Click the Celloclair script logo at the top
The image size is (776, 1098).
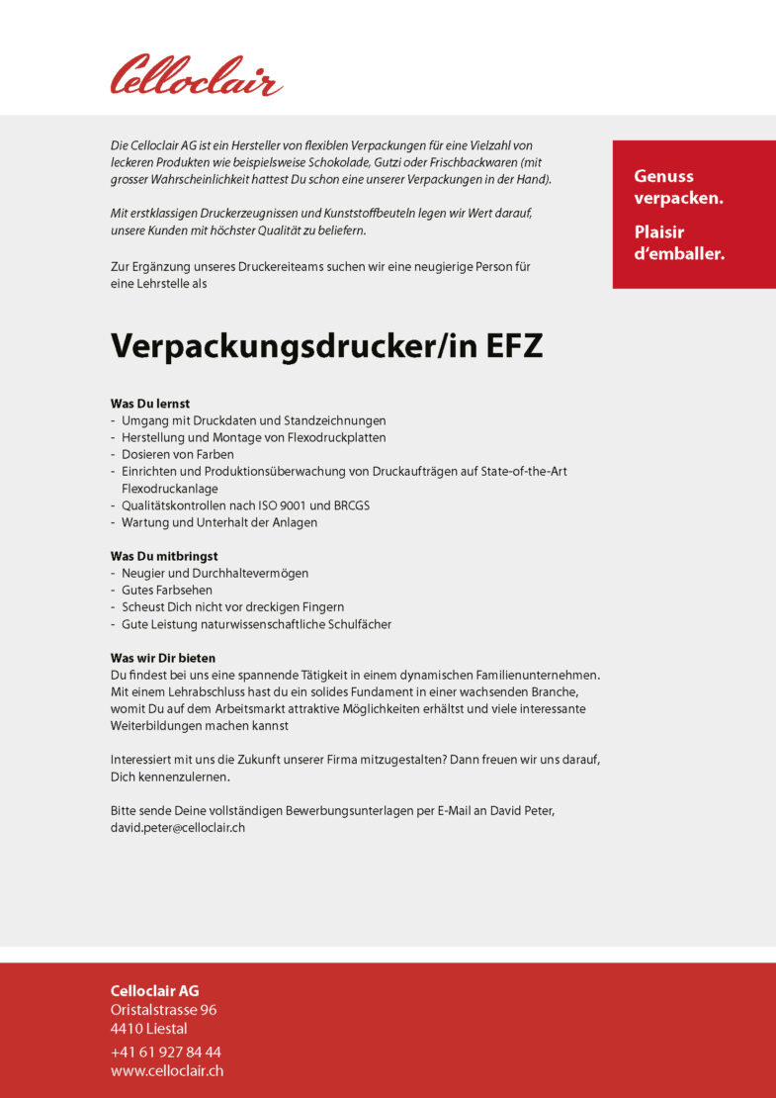coord(196,76)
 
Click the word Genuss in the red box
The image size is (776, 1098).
coord(663,176)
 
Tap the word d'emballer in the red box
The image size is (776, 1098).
coord(679,254)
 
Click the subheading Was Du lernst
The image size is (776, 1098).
coord(149,404)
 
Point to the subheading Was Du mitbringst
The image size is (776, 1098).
coord(164,556)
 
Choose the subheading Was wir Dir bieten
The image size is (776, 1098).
coord(162,658)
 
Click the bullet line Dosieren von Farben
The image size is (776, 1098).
coord(178,454)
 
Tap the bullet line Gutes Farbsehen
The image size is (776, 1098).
coord(167,590)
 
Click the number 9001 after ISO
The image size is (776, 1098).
coord(302,505)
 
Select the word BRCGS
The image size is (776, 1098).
coord(349,505)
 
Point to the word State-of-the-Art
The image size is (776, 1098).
coord(524,471)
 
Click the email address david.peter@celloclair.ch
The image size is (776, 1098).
coord(177,828)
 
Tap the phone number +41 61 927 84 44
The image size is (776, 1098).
coord(165,1052)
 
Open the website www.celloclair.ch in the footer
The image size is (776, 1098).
coord(166,1071)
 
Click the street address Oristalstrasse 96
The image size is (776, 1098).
coord(163,1010)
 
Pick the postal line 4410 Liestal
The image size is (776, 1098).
coord(148,1029)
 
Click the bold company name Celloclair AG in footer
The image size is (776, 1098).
coord(154,990)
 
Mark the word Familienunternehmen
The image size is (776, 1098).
coord(525,675)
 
